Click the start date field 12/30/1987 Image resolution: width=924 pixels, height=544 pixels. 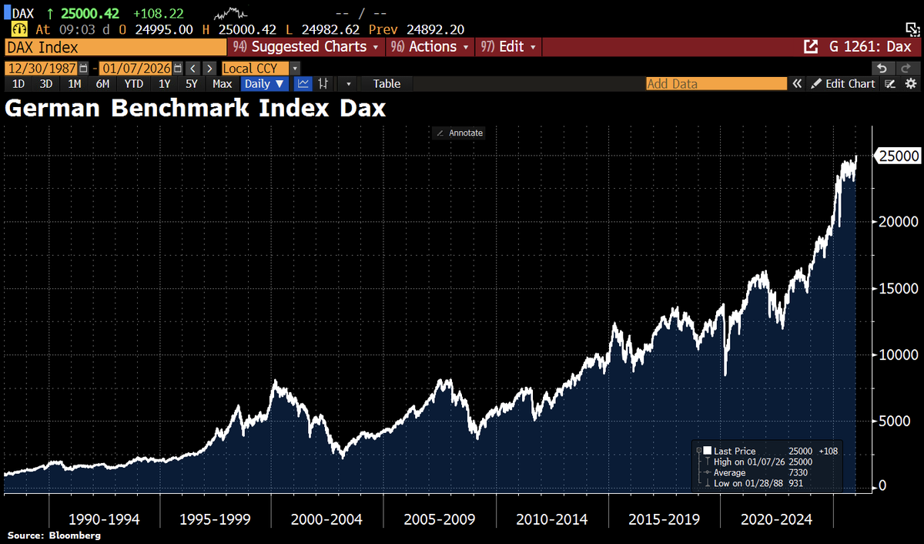tap(41, 68)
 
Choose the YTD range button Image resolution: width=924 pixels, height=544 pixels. tap(133, 83)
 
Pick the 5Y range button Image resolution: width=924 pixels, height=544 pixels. tap(192, 83)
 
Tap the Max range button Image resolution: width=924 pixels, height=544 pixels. tap(223, 83)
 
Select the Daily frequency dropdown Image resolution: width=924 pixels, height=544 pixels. tap(264, 83)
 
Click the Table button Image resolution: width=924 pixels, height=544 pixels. tap(387, 83)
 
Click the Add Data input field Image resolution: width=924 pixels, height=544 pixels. tap(716, 83)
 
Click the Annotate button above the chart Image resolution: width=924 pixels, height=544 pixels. tap(460, 133)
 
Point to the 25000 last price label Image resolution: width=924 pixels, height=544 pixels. tap(899, 156)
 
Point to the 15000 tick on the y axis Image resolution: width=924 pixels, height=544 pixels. tap(898, 288)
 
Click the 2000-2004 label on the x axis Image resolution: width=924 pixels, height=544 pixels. tap(326, 519)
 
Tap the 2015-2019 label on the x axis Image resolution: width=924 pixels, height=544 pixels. tap(663, 519)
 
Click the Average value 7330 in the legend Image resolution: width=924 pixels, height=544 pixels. tap(800, 472)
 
